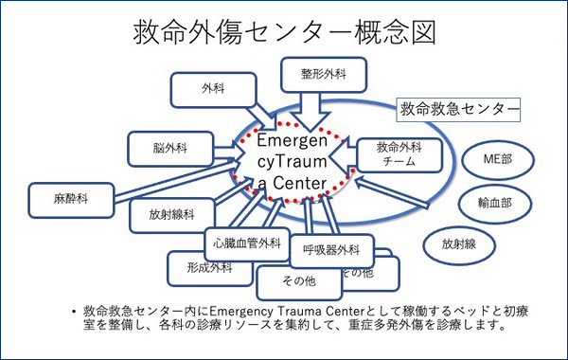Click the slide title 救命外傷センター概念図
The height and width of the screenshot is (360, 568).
click(284, 30)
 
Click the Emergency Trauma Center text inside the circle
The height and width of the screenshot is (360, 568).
click(293, 161)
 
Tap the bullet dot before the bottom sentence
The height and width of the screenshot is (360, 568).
click(74, 311)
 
